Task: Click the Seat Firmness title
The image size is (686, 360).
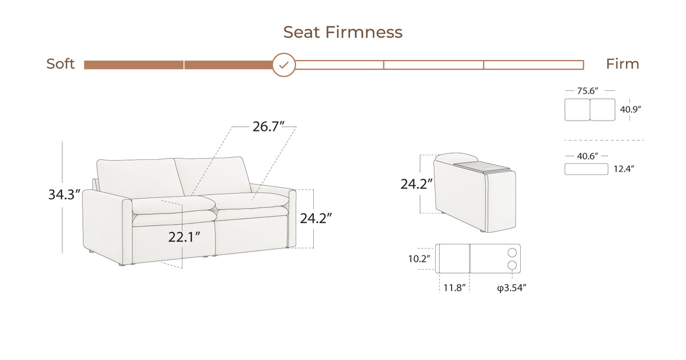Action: point(342,32)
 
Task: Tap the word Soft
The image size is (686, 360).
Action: point(61,64)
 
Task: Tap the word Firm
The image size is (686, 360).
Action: point(623,64)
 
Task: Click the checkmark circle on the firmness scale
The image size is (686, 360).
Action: point(284,65)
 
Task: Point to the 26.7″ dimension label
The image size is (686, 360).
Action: point(269,127)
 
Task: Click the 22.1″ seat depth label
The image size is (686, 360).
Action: point(184,237)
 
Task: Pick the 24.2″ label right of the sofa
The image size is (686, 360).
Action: point(317,218)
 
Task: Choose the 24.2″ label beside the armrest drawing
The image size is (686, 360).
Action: point(416,184)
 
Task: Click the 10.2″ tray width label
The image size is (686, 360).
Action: point(419,259)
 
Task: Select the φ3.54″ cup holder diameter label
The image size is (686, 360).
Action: point(511,287)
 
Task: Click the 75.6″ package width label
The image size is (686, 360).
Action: point(589,90)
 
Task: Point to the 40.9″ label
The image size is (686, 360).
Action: point(631,109)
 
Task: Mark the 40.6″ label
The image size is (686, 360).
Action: point(586,155)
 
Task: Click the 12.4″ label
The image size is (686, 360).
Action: point(625,169)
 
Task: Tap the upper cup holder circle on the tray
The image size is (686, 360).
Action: point(512,252)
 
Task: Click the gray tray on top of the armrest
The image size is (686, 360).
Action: point(481,167)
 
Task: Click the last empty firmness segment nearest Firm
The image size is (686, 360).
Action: point(533,65)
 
